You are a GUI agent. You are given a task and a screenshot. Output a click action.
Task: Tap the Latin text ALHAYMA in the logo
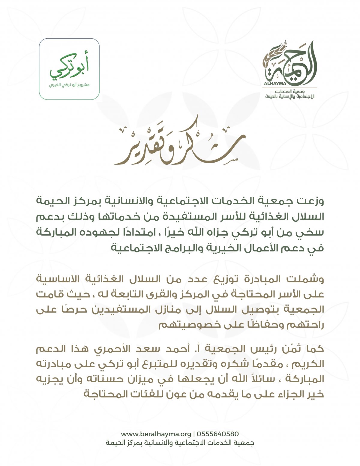[x=272, y=84]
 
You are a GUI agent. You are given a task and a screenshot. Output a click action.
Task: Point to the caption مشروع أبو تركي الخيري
[x=69, y=85]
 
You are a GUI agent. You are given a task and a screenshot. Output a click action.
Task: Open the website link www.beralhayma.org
[x=156, y=434]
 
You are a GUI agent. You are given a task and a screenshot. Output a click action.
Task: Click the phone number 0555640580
[x=218, y=434]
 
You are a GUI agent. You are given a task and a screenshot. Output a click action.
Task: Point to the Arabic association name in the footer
[x=180, y=443]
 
